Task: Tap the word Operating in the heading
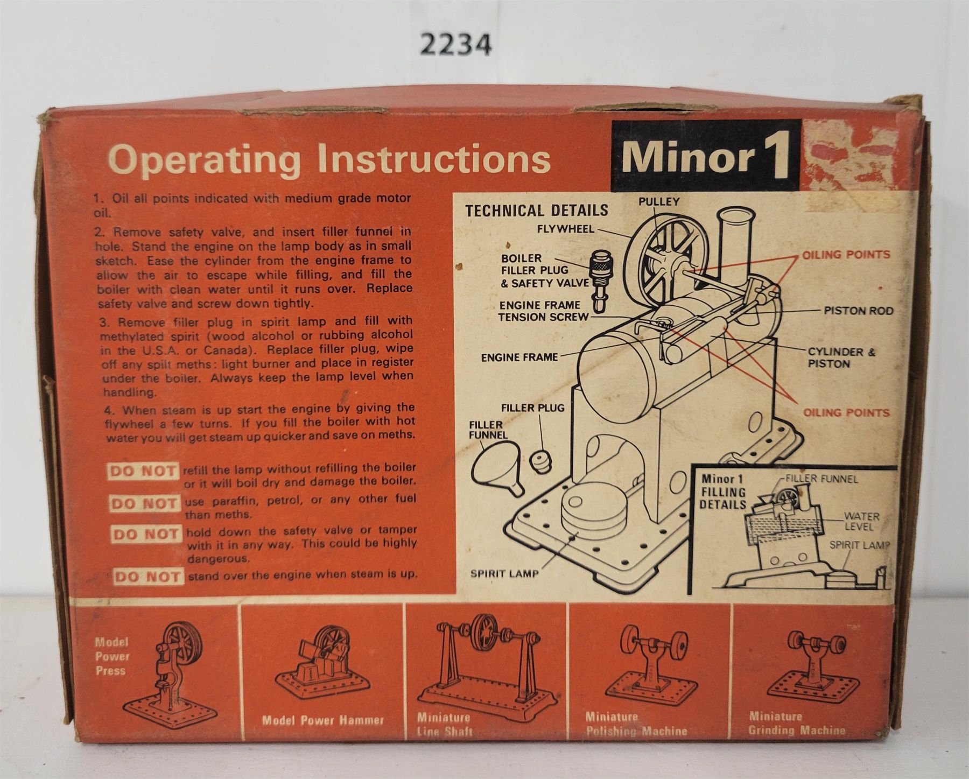[x=205, y=160]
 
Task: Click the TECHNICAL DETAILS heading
[x=537, y=210]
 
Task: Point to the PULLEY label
[x=659, y=202]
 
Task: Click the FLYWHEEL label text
[x=565, y=229]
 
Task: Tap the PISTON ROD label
[x=858, y=311]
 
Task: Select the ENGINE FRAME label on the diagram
[x=519, y=357]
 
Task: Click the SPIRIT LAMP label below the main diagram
[x=504, y=574]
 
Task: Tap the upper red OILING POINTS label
[x=846, y=255]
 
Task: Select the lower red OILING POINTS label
[x=846, y=413]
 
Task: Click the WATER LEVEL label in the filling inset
[x=861, y=521]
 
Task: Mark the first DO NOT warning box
[x=143, y=472]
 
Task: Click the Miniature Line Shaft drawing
[x=486, y=661]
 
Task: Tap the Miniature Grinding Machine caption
[x=797, y=724]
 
